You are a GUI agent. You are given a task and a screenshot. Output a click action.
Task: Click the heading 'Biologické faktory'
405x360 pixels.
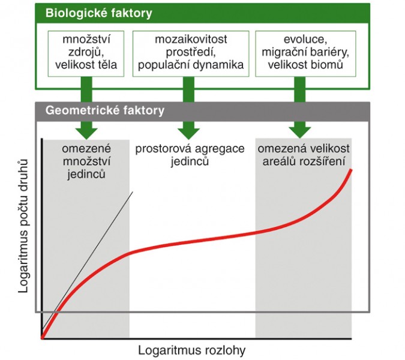coord(98,13)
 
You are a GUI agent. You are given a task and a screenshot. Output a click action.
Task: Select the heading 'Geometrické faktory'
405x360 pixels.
coord(105,110)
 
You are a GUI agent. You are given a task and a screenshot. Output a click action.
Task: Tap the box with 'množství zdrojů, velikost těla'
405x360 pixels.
coord(86,54)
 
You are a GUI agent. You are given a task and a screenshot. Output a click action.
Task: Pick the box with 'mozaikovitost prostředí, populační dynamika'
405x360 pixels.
coord(191,54)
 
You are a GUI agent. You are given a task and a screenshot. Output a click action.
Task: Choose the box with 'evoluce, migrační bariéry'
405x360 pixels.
coord(305,54)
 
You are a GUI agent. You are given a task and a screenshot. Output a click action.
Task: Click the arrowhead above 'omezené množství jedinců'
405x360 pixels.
coord(86,133)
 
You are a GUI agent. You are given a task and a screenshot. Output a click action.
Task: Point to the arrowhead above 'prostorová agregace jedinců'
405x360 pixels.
coord(189,133)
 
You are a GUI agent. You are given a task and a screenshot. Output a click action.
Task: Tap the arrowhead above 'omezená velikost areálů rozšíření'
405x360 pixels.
coord(300,133)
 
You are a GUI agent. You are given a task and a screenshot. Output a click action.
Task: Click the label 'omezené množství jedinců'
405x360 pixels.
coord(86,161)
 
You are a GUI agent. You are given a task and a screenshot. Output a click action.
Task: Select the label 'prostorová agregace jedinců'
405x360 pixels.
coord(190,155)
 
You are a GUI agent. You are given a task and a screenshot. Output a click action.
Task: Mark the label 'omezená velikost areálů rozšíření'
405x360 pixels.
coord(304,155)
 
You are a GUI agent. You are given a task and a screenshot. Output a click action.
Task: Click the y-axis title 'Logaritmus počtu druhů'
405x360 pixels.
coord(23,226)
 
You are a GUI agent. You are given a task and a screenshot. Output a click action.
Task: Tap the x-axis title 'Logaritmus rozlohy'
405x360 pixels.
coord(191,350)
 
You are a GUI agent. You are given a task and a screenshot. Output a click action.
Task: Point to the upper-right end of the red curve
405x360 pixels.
coord(351,170)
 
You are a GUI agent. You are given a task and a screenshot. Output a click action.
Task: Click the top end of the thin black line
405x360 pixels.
coord(133,192)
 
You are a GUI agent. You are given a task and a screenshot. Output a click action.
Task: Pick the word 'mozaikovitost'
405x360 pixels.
coord(191,39)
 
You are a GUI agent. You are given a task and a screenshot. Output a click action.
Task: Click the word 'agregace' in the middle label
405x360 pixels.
coord(220,149)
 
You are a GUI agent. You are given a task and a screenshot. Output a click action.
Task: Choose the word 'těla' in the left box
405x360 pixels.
coord(107,65)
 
